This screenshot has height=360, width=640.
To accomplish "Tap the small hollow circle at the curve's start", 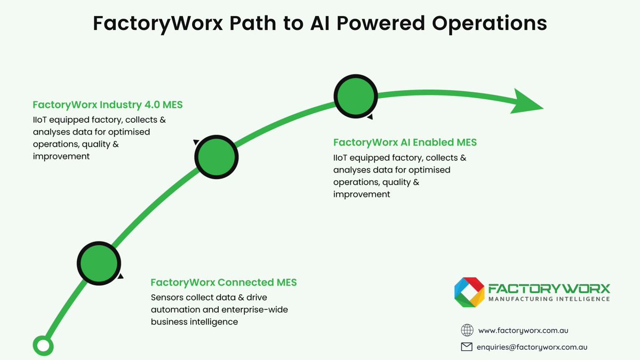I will [x=43, y=346].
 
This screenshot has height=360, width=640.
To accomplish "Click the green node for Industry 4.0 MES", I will [x=216, y=157].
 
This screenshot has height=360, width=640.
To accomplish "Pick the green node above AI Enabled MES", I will [x=356, y=96].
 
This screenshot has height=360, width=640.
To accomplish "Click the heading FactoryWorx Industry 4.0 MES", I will [x=107, y=105].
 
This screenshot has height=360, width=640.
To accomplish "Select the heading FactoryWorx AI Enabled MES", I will [x=405, y=143].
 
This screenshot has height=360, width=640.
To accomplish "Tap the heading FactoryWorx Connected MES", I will [x=223, y=283].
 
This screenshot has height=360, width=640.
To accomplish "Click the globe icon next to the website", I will [x=467, y=331].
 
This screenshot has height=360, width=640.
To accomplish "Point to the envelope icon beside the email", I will [x=467, y=347].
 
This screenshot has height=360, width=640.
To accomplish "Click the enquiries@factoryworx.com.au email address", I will [x=532, y=347].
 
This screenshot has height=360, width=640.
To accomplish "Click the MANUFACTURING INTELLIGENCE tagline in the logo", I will [x=549, y=300].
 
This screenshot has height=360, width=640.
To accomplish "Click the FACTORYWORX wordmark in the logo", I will [x=549, y=288].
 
